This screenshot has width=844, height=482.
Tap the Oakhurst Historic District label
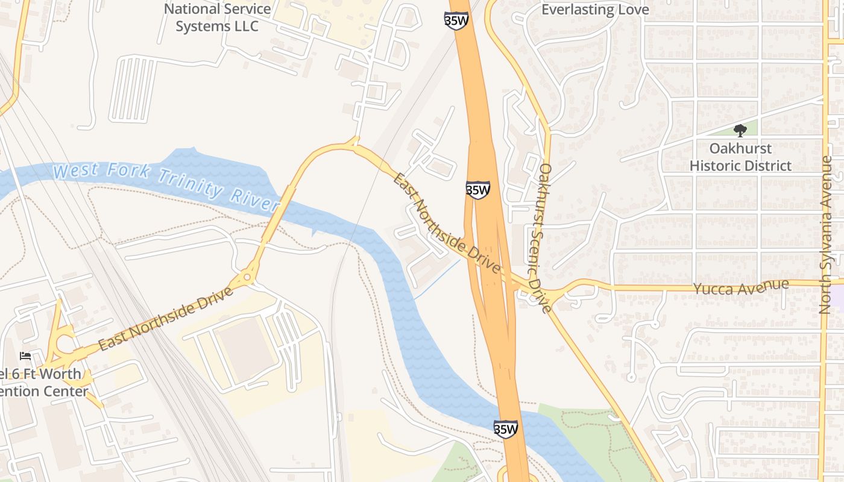click(740, 157)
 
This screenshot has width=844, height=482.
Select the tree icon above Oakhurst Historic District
click(740, 130)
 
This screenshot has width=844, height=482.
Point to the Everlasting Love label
click(595, 10)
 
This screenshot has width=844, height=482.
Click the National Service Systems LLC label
click(217, 17)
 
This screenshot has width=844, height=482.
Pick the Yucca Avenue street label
click(741, 287)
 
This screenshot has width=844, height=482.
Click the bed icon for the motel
click(25, 356)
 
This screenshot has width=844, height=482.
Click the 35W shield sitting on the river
click(505, 429)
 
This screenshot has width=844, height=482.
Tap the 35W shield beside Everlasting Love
click(456, 18)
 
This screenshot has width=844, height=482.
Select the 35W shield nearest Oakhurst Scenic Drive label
click(477, 190)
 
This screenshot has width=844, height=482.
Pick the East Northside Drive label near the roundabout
click(165, 319)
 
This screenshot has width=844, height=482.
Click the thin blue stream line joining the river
click(436, 279)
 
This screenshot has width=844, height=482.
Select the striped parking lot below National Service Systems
click(133, 88)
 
